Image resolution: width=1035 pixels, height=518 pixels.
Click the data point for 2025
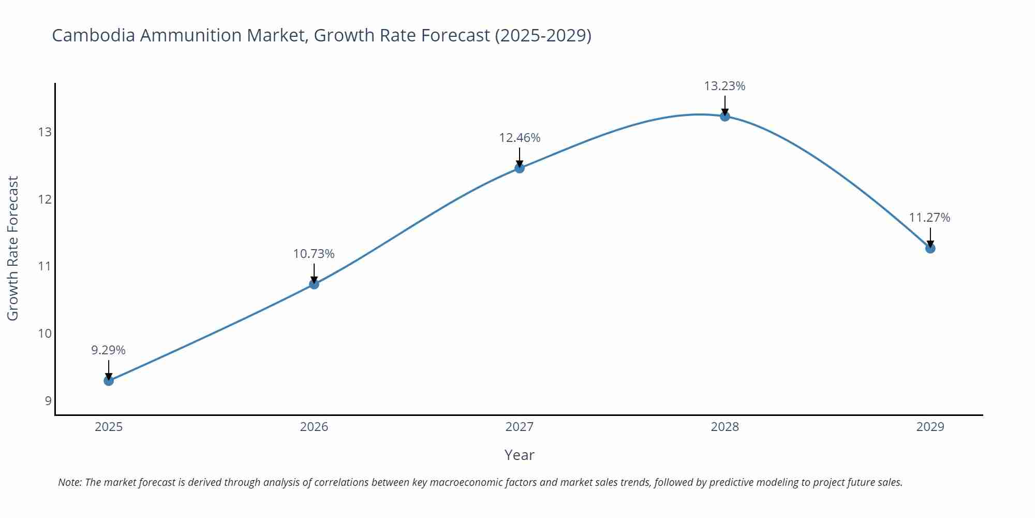(109, 381)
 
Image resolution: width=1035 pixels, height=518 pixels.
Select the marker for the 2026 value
(314, 284)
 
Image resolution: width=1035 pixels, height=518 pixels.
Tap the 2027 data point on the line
(520, 168)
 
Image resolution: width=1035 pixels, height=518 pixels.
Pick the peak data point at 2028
(725, 116)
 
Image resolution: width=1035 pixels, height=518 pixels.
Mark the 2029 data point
(930, 248)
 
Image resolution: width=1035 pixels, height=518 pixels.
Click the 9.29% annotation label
(109, 350)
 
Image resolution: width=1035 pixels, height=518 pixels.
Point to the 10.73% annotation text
(314, 254)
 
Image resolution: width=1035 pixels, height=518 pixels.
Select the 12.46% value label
(520, 138)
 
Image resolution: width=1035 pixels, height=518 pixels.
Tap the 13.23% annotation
(724, 86)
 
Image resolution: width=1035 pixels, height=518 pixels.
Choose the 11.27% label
(929, 218)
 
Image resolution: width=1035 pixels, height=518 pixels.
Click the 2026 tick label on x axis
(314, 427)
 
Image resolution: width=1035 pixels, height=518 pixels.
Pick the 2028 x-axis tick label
(724, 427)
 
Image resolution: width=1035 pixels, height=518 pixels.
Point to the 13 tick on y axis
(45, 132)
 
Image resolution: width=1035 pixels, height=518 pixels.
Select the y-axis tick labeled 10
(45, 334)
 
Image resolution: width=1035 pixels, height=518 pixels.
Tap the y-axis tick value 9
(48, 400)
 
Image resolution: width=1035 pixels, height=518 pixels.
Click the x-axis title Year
(519, 455)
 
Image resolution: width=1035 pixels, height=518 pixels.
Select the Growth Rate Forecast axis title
(13, 248)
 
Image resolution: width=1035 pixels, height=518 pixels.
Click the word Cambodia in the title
(94, 35)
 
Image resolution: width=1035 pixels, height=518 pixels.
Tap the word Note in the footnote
(69, 482)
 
